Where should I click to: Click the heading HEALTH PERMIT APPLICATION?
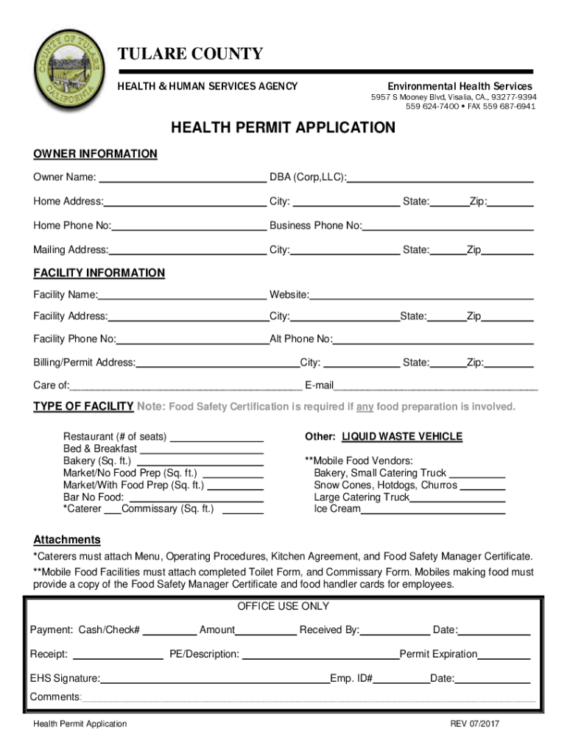(x=283, y=128)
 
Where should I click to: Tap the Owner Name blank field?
(x=182, y=177)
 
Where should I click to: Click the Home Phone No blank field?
(x=189, y=226)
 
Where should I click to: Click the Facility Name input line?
(x=182, y=296)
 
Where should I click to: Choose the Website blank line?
(x=421, y=296)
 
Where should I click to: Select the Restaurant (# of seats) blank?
(x=216, y=437)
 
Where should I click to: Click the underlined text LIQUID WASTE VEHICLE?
(x=401, y=437)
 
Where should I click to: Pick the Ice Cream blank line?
(x=433, y=509)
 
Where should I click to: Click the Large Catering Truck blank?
(x=457, y=498)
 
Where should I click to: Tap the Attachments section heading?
(x=67, y=540)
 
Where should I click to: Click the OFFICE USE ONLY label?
(x=283, y=607)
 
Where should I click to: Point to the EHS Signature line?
(x=215, y=679)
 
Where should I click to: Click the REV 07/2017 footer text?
(x=475, y=724)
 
